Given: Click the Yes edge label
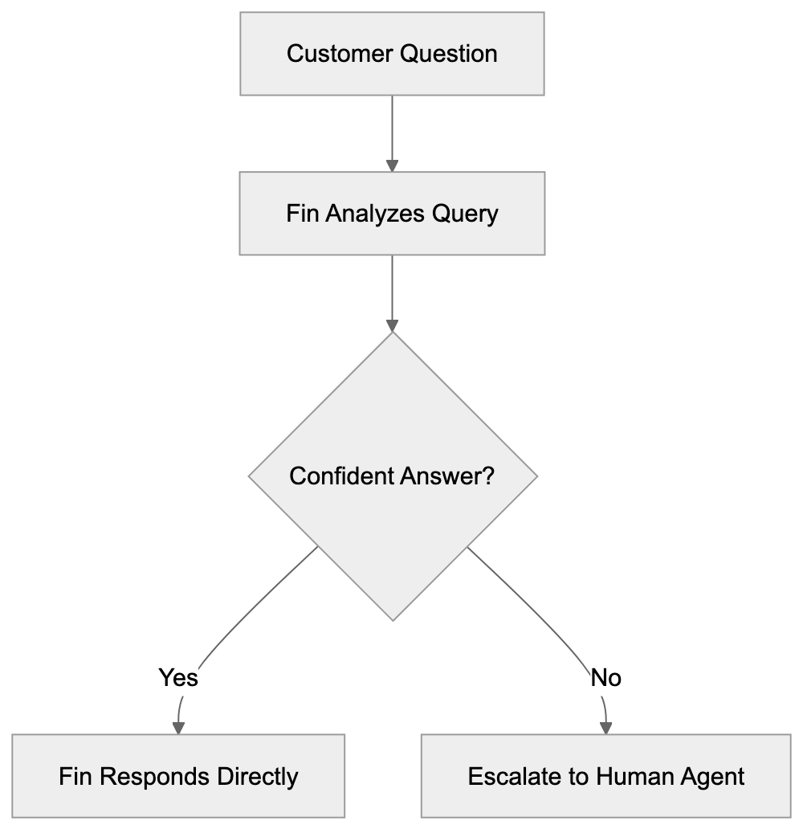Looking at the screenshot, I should [178, 677].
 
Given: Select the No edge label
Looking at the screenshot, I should [605, 677].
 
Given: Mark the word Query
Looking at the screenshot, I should [465, 214].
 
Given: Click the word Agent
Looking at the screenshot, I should [712, 777].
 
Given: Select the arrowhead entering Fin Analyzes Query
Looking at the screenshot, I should [392, 165].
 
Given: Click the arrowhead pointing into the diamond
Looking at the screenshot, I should [392, 326].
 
